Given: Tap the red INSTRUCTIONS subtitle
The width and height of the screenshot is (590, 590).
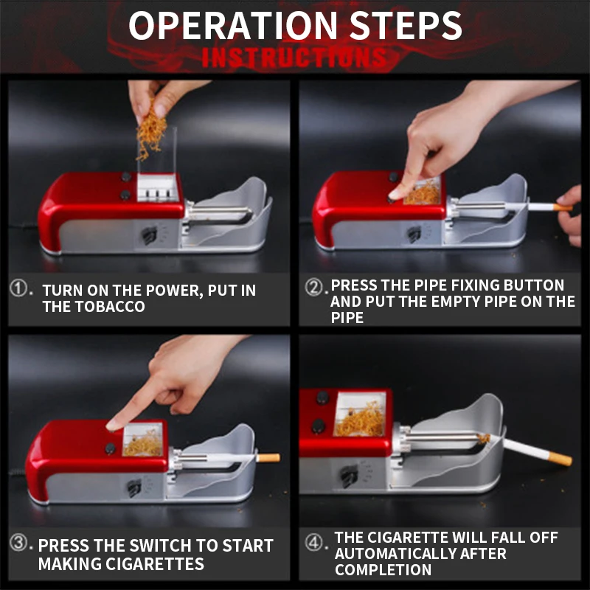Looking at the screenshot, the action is tap(294, 58).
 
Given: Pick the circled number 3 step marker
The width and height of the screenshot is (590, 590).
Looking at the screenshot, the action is tap(18, 543).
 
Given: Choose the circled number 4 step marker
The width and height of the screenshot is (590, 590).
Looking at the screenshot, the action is tap(314, 543).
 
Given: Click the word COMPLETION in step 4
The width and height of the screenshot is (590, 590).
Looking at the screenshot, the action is tap(383, 570).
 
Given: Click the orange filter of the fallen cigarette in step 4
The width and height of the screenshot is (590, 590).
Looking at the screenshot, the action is tap(560, 458).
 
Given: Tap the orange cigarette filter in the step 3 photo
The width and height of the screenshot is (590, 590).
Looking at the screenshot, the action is tap(268, 458).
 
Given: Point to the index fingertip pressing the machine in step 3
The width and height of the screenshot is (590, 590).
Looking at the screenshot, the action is tap(112, 426).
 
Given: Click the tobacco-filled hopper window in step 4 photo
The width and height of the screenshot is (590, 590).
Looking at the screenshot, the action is tap(360, 414).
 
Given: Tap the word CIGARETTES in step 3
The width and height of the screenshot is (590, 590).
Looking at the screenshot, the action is tap(155, 563).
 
